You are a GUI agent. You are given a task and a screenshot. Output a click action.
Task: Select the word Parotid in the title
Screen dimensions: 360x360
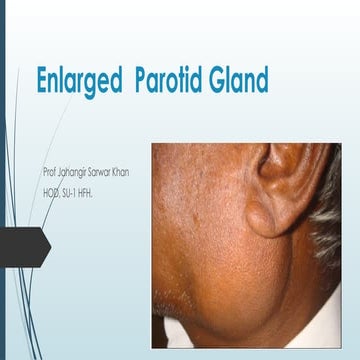tap(174, 80)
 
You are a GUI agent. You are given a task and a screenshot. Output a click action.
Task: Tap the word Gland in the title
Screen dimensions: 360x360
tap(241, 80)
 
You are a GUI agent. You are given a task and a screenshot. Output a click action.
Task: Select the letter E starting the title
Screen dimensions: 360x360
tap(43, 80)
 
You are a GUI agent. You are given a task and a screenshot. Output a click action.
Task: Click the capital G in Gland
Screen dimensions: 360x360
tap(215, 80)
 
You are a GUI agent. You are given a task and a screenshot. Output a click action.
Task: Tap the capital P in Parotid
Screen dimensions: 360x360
tap(142, 80)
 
